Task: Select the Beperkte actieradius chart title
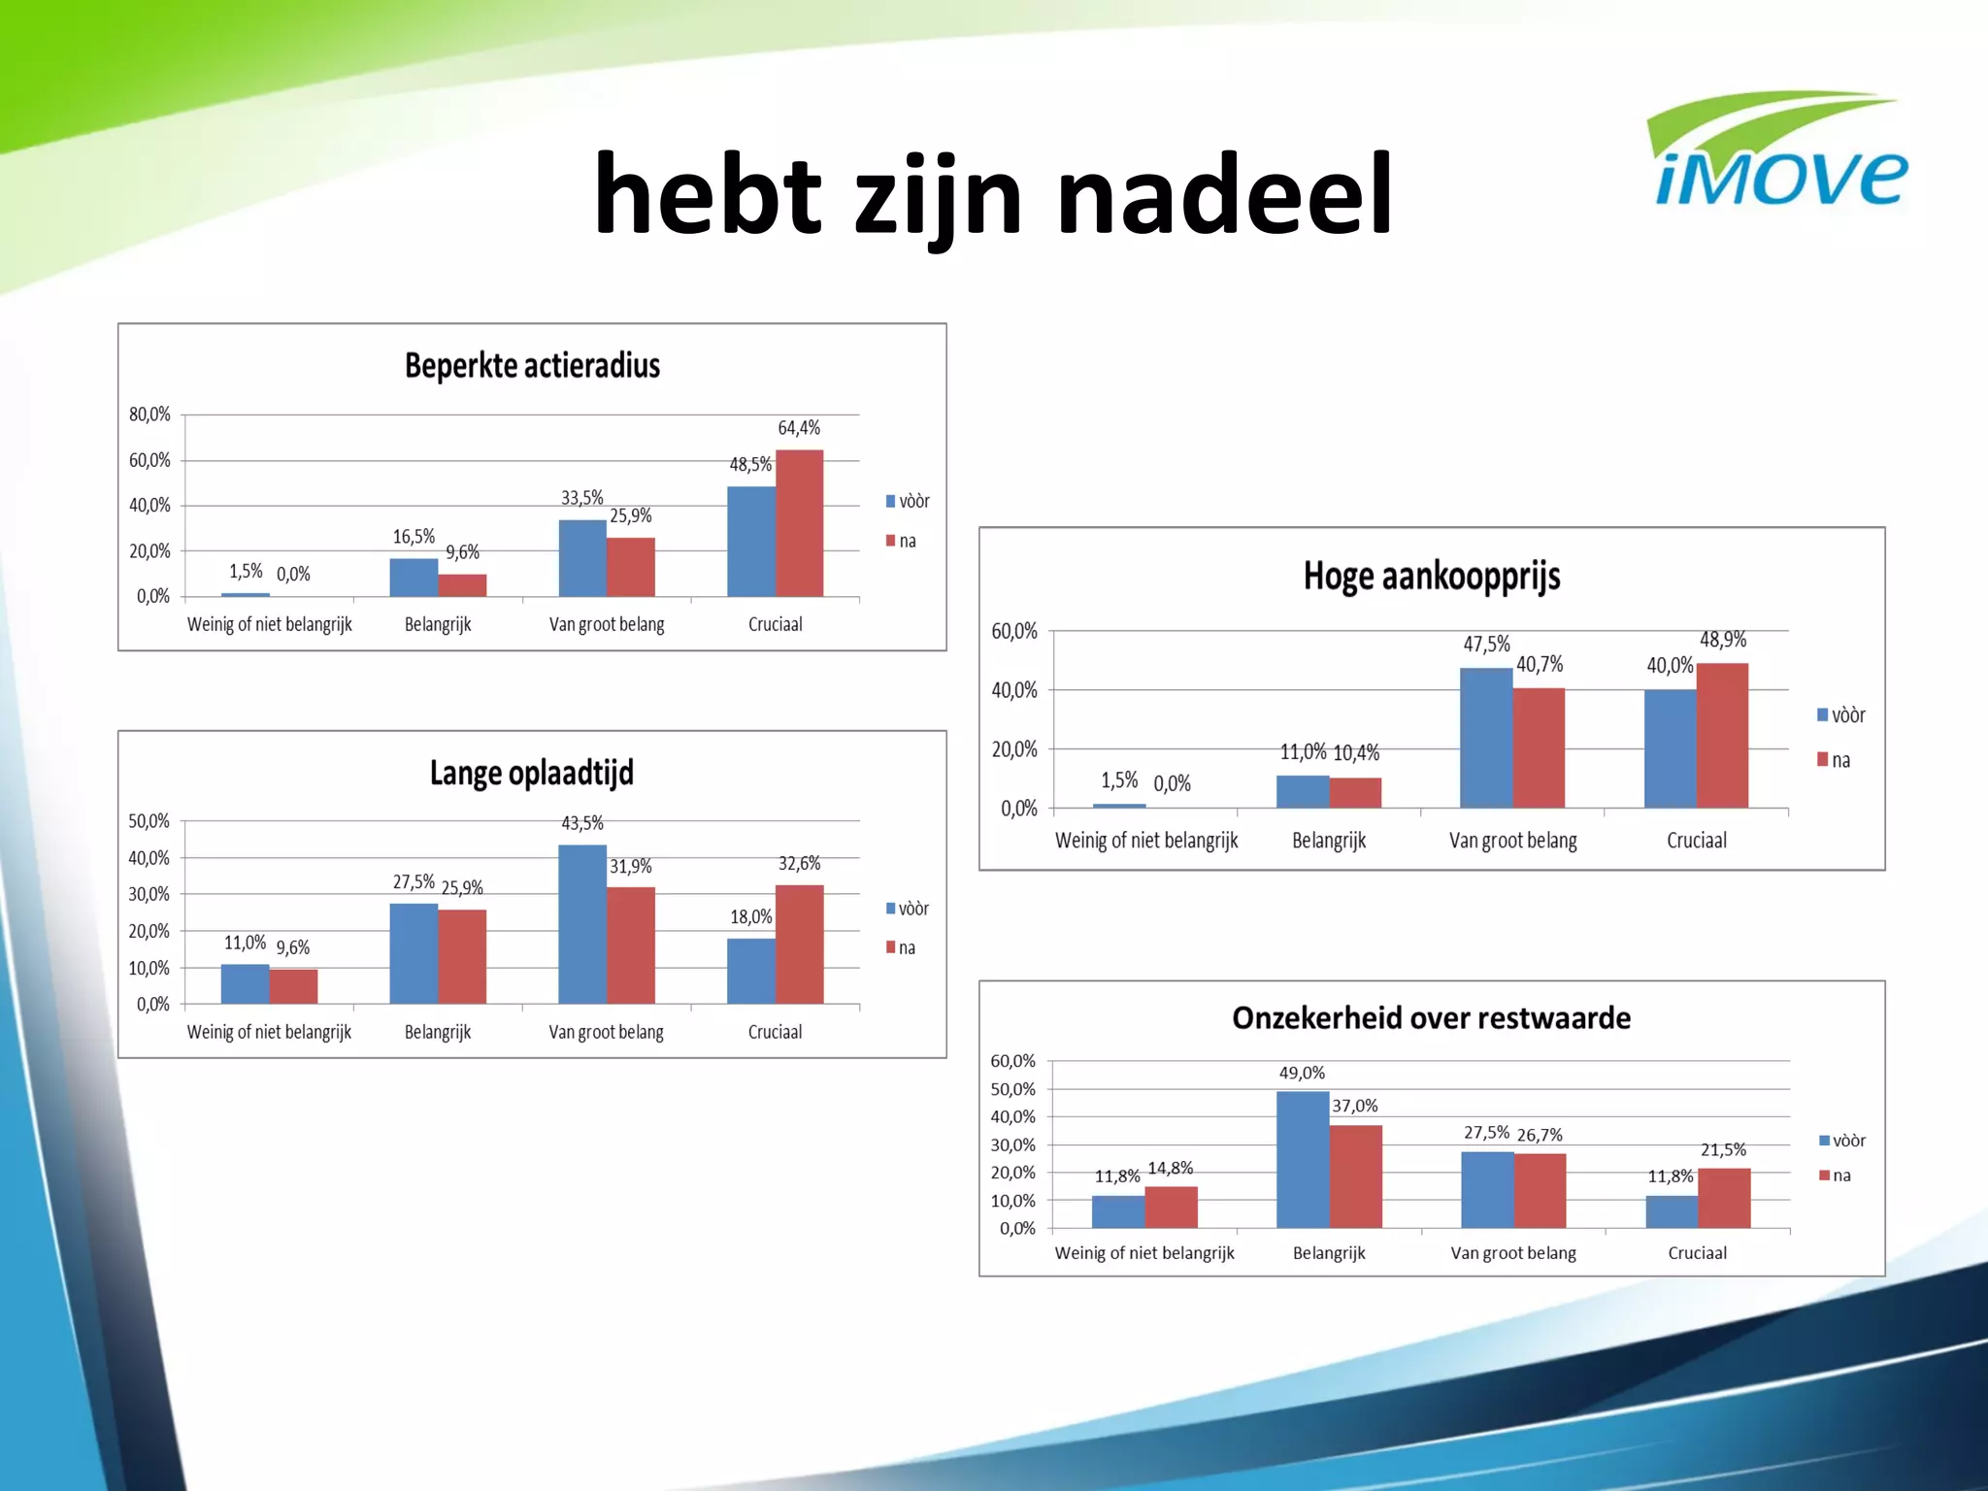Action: point(532,366)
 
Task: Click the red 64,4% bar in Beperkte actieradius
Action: point(799,524)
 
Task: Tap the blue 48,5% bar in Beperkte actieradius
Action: point(751,542)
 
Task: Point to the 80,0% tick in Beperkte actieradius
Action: point(149,414)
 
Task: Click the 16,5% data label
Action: point(414,537)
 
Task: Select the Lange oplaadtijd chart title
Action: point(531,774)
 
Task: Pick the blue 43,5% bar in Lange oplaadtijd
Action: point(582,924)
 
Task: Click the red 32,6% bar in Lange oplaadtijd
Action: point(799,944)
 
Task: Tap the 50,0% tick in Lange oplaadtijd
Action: point(149,821)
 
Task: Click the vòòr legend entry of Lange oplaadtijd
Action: point(908,909)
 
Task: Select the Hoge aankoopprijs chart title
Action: point(1431,577)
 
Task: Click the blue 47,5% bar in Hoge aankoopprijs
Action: point(1485,738)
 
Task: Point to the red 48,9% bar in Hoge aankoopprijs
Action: point(1722,736)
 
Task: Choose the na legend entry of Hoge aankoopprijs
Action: point(1834,760)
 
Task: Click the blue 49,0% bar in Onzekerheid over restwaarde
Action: point(1302,1160)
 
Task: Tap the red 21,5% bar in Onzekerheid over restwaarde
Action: point(1724,1199)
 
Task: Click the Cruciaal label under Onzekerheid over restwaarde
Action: point(1697,1253)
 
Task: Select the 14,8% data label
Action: point(1170,1169)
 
